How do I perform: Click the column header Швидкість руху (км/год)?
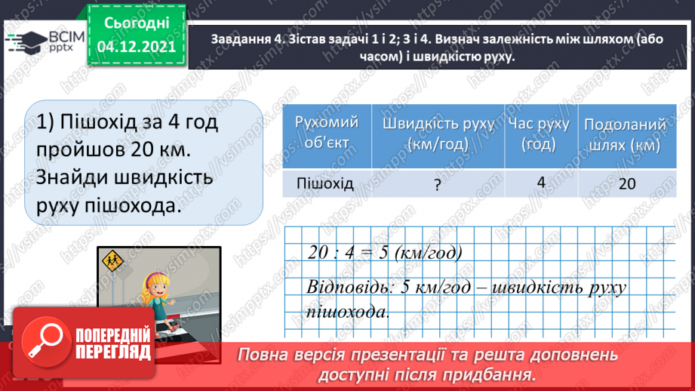pos(438,134)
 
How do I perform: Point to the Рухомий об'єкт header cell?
pos(326,133)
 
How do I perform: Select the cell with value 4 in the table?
pos(540,182)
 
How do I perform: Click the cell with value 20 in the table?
pos(626,183)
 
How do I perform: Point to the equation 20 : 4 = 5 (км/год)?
pos(384,253)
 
